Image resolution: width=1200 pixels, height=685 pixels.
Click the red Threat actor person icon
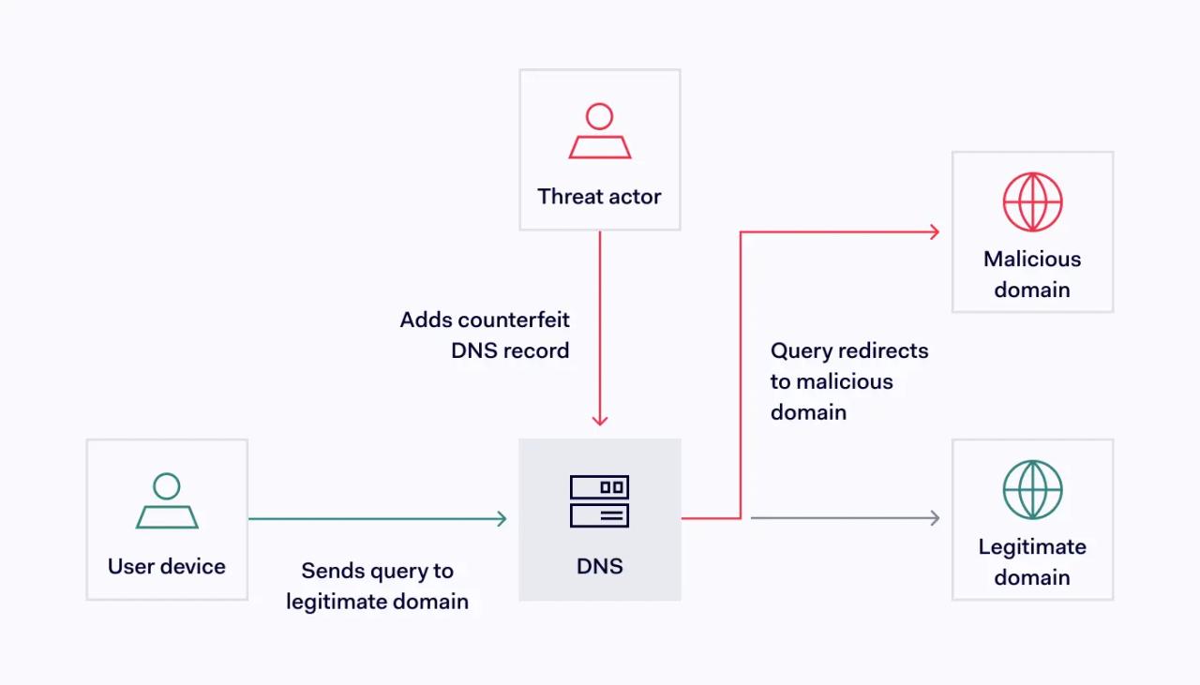click(600, 131)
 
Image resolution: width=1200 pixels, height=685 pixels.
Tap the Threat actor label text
click(599, 197)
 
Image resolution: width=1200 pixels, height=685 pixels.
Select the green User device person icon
click(167, 501)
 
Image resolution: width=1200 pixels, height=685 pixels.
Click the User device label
click(167, 566)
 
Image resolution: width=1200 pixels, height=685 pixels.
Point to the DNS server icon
click(600, 501)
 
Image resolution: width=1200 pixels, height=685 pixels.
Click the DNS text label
click(600, 566)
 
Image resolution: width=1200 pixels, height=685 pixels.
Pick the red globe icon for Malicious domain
click(1032, 201)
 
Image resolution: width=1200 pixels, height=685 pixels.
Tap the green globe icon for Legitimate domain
click(1032, 489)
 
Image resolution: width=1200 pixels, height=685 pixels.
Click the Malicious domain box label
click(1032, 274)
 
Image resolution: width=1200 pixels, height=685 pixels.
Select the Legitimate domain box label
click(1032, 561)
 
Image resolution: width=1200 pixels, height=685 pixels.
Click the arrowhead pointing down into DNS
click(600, 420)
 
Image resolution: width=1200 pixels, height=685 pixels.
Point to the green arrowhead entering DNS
click(501, 518)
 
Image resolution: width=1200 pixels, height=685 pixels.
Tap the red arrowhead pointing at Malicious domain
click(934, 231)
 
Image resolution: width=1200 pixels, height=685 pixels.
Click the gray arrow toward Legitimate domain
click(844, 518)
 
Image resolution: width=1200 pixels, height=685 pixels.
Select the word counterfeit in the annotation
click(514, 320)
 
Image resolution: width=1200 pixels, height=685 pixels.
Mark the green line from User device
click(375, 518)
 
